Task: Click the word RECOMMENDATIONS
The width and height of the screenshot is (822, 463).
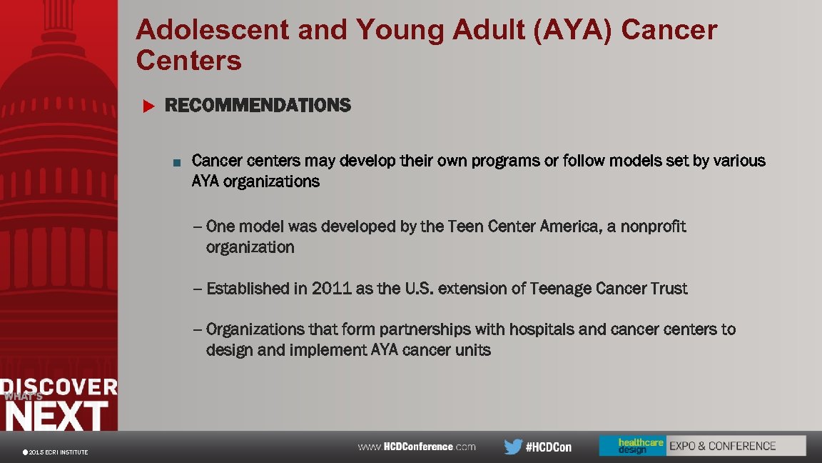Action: click(258, 106)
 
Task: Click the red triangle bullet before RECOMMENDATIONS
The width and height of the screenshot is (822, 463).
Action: click(148, 106)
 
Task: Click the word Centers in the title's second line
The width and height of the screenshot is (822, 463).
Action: click(189, 61)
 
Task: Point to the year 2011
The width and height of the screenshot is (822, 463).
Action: click(331, 289)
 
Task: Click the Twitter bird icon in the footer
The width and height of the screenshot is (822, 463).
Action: click(513, 447)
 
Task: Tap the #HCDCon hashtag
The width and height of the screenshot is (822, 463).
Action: click(548, 447)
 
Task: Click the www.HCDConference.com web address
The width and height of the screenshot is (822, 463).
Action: click(416, 447)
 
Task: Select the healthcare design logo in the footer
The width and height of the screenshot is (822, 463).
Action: click(631, 446)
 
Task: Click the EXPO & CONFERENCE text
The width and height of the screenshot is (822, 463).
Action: click(722, 446)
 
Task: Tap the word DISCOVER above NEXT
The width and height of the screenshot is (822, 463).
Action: click(59, 387)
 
